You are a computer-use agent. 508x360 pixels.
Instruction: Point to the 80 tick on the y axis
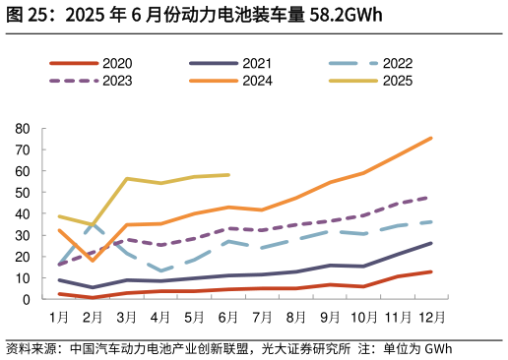click(23, 129)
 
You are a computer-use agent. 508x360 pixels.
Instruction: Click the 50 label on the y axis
click(23, 193)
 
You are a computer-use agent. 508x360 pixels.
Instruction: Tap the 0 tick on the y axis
click(27, 299)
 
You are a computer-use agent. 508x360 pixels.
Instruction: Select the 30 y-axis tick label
click(23, 235)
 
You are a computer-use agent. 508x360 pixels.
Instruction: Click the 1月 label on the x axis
click(59, 318)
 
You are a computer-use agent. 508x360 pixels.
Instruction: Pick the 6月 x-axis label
click(228, 318)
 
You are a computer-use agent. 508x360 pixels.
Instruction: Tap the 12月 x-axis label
click(431, 318)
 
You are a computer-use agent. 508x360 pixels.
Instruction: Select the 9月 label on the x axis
click(330, 318)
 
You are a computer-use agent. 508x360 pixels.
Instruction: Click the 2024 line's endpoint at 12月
click(431, 139)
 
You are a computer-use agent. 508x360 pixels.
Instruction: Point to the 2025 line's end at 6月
click(228, 175)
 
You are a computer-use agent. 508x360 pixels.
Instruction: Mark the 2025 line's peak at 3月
click(127, 179)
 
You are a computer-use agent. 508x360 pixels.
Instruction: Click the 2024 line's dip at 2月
click(93, 261)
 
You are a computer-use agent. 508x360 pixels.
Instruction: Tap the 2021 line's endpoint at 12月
click(431, 243)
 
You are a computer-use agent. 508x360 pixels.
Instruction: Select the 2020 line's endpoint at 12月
click(431, 271)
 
